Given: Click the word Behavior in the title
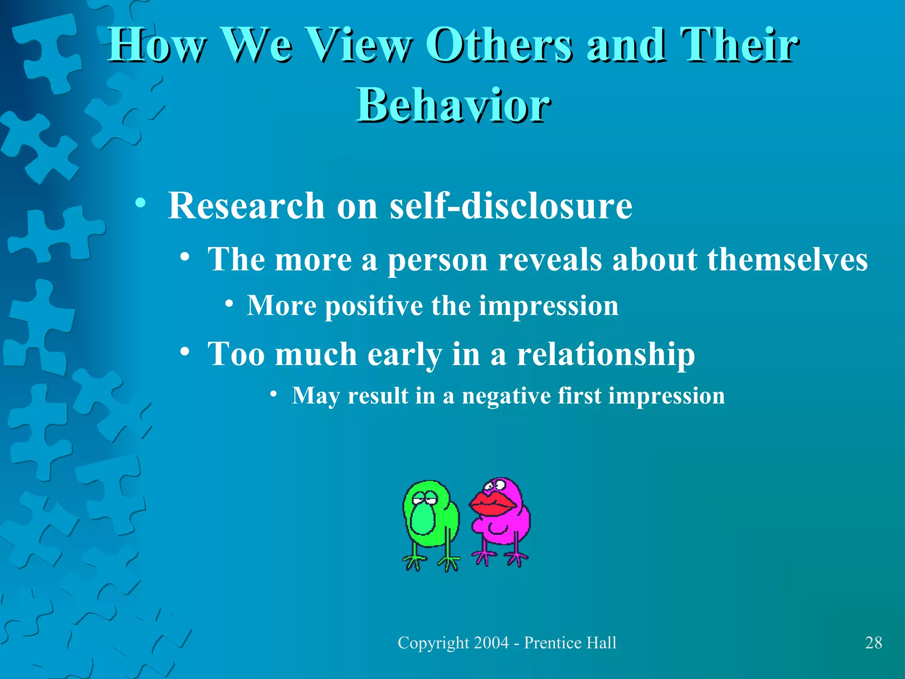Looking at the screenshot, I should (x=453, y=105).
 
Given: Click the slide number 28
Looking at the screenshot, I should (x=873, y=643).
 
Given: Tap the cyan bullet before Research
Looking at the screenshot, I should (x=141, y=203).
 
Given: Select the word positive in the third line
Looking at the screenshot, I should (x=374, y=306).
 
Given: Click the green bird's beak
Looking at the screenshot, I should (x=422, y=520).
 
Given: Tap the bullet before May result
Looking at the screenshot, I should (x=274, y=393).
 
